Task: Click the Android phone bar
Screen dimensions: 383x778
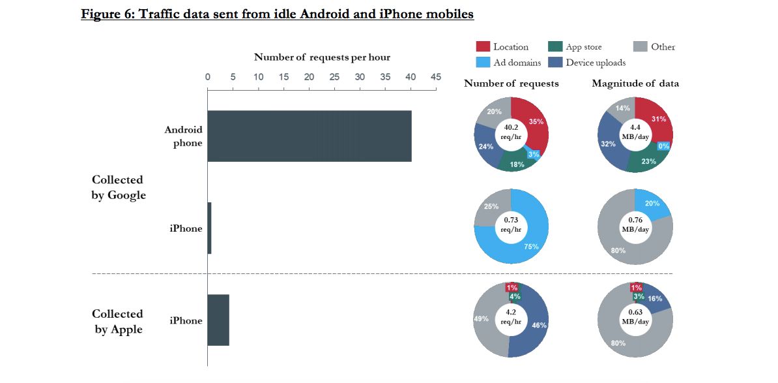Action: pyautogui.click(x=310, y=136)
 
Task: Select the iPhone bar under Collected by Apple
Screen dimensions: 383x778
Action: pyautogui.click(x=218, y=320)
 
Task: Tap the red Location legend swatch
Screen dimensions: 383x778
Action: pyautogui.click(x=483, y=46)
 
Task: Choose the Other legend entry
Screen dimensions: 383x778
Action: pyautogui.click(x=654, y=46)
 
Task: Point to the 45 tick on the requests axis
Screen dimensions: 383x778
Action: pyautogui.click(x=435, y=77)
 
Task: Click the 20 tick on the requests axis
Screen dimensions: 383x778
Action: pyautogui.click(x=309, y=77)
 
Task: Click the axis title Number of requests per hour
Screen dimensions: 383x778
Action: pyautogui.click(x=322, y=57)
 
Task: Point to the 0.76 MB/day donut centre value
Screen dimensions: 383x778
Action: pyautogui.click(x=635, y=224)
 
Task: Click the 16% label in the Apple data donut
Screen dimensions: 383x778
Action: pyautogui.click(x=656, y=299)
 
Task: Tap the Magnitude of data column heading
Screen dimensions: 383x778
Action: pyautogui.click(x=635, y=84)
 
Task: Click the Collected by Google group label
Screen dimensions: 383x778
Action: pyautogui.click(x=119, y=187)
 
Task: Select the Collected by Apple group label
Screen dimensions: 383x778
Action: pyautogui.click(x=117, y=322)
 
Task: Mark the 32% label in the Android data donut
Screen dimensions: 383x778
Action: pyautogui.click(x=608, y=144)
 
